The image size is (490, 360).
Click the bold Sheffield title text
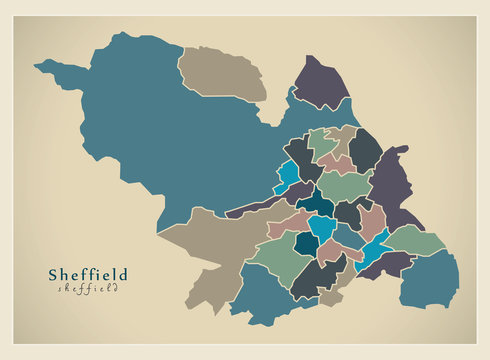[88, 273]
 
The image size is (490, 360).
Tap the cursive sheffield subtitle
[88, 288]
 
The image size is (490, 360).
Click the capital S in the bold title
[54, 273]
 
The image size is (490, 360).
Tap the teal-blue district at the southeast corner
[430, 280]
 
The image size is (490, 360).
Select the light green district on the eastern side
[415, 240]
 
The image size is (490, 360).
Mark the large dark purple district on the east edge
[392, 185]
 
